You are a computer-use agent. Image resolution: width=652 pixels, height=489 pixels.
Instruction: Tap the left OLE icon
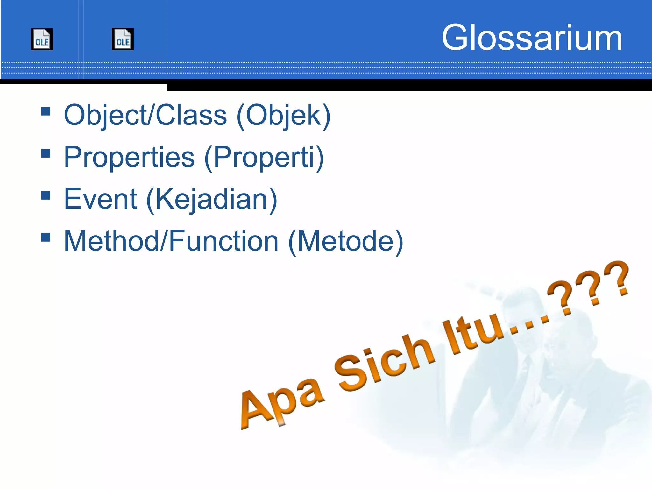pos(42,39)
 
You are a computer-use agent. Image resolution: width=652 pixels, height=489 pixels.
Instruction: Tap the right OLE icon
pos(123,39)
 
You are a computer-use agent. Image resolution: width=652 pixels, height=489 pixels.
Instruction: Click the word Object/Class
pos(145,115)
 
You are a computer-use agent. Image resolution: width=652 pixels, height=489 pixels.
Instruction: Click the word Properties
pos(129,157)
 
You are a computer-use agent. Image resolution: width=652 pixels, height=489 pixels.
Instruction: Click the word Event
pos(100,199)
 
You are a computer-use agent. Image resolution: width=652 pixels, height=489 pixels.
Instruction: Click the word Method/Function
pos(171,241)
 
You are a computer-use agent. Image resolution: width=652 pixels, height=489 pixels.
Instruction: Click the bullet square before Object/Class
pos(46,111)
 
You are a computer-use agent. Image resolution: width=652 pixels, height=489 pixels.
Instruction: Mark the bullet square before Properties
pos(46,153)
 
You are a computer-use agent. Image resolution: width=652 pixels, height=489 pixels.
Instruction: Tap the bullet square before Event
pos(46,195)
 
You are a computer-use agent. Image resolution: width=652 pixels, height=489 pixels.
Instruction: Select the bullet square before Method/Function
pos(46,237)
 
